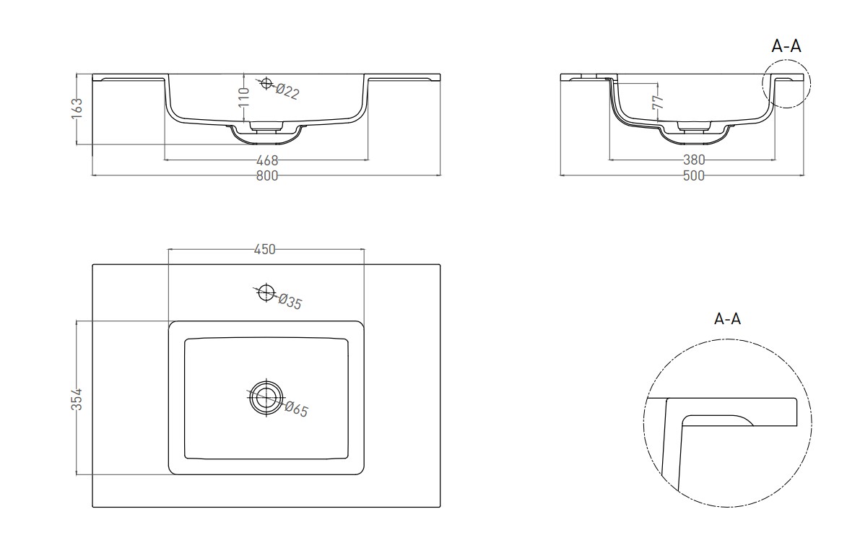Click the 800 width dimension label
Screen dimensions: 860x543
(267, 175)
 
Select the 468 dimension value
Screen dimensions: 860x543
(267, 160)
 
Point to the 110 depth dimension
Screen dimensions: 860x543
(245, 97)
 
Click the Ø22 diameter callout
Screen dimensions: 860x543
(287, 91)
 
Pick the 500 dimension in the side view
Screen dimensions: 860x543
(693, 175)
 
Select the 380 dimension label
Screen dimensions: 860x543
(693, 160)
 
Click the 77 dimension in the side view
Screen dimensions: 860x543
(658, 102)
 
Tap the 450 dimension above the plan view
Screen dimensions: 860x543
(264, 249)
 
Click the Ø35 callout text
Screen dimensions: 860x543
(290, 301)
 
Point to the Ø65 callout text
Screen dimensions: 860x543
(297, 409)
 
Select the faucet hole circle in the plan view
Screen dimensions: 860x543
(266, 285)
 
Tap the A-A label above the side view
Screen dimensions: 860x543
(786, 46)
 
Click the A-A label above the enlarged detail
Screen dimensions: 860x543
(727, 318)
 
